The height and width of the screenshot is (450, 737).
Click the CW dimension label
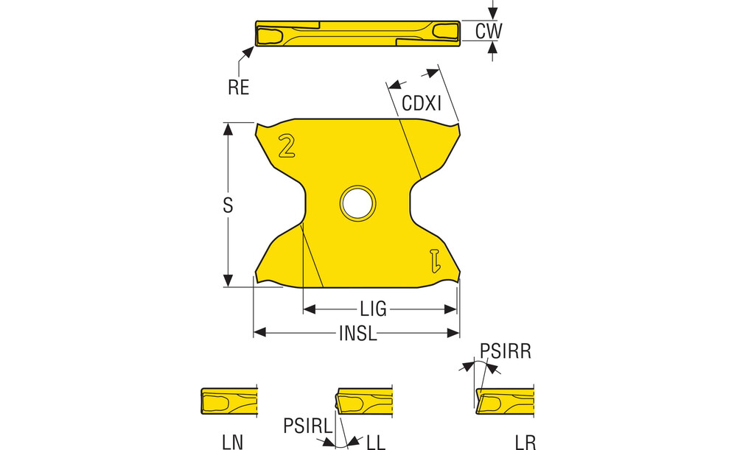(x=489, y=31)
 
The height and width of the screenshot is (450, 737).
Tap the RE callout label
(x=238, y=88)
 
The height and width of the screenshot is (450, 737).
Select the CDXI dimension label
(x=422, y=103)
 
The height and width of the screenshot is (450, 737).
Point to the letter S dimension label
(x=228, y=205)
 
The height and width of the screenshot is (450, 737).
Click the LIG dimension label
(x=374, y=309)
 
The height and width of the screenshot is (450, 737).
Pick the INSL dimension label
(x=358, y=334)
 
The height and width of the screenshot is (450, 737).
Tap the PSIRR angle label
(x=506, y=351)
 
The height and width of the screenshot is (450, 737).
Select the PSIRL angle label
(x=308, y=426)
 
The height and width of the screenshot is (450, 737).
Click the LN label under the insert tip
(x=232, y=442)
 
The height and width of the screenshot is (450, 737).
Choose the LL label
(x=376, y=442)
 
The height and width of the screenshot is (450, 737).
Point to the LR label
(x=525, y=442)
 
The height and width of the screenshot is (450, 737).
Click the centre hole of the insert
(x=357, y=203)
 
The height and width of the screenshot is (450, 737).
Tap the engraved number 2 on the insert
(x=286, y=146)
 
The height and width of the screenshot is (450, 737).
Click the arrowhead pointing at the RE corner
(x=248, y=52)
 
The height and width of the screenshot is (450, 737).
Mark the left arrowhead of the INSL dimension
(x=259, y=333)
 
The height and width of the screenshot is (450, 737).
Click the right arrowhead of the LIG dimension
(x=451, y=309)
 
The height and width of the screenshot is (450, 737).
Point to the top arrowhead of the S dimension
(x=228, y=129)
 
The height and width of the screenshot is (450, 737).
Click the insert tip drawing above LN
(x=229, y=401)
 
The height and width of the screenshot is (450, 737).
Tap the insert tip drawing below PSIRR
(x=505, y=401)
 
